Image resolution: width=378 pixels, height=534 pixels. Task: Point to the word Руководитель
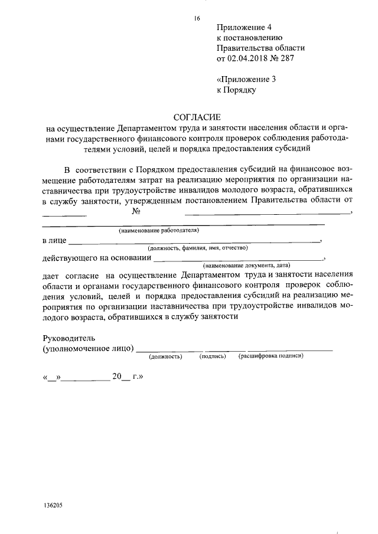coord(69,339)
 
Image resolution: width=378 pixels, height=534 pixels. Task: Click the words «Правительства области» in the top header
coord(260,48)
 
